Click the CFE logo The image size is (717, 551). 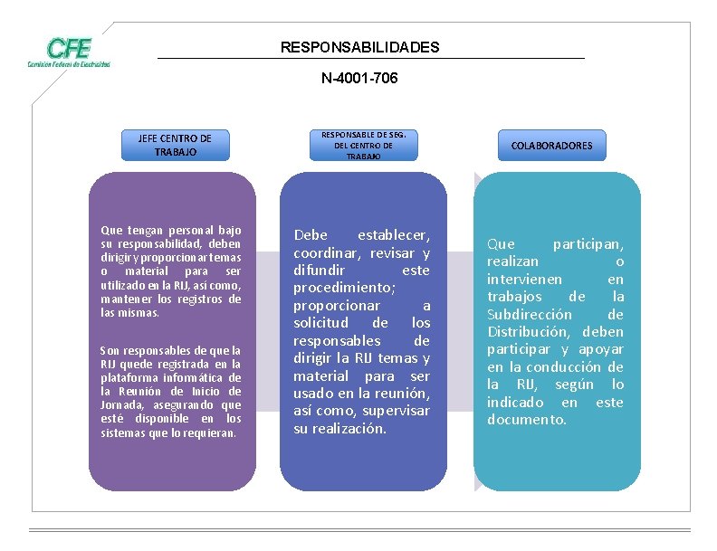point(69,52)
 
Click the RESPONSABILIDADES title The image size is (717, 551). point(359,47)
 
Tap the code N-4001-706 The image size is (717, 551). point(359,79)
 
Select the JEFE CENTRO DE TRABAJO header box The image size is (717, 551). point(175,146)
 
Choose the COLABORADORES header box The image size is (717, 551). point(551,146)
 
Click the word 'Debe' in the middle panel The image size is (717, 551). point(311,235)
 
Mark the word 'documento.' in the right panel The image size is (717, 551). point(527,420)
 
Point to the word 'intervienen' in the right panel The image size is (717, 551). point(524,280)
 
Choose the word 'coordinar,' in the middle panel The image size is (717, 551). point(327,253)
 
